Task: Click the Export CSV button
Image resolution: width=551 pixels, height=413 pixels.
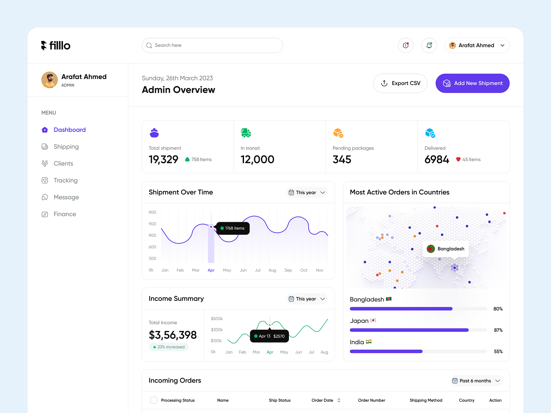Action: click(x=400, y=83)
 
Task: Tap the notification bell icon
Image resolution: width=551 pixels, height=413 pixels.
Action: click(x=429, y=45)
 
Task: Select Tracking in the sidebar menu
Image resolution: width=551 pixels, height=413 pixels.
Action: click(x=65, y=180)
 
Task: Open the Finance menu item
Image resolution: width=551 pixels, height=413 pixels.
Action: click(x=65, y=214)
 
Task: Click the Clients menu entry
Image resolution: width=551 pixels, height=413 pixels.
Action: click(x=63, y=163)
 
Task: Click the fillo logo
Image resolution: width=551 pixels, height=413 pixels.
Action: click(x=56, y=45)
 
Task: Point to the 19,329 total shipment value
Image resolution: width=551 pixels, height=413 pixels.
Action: click(x=163, y=159)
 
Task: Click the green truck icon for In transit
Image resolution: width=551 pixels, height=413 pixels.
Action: click(x=246, y=133)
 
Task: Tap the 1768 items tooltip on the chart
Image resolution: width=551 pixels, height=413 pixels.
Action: click(x=233, y=228)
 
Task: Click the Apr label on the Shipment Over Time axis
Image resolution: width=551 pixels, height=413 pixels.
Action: click(x=211, y=270)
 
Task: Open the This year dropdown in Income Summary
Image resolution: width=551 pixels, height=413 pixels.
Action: click(x=307, y=299)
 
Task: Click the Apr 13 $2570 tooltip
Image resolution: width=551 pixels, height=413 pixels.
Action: click(x=269, y=336)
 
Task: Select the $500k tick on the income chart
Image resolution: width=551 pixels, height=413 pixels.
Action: click(x=217, y=319)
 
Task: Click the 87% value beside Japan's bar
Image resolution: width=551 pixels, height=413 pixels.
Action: click(x=498, y=330)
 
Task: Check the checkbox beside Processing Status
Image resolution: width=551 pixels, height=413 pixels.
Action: click(x=153, y=400)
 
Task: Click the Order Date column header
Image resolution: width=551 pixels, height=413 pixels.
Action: click(x=322, y=400)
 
